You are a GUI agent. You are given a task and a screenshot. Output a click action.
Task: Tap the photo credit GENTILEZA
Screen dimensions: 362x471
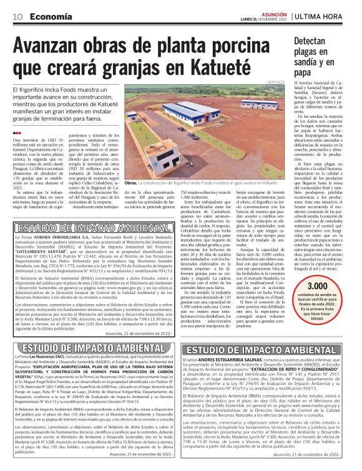[x=275, y=82]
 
